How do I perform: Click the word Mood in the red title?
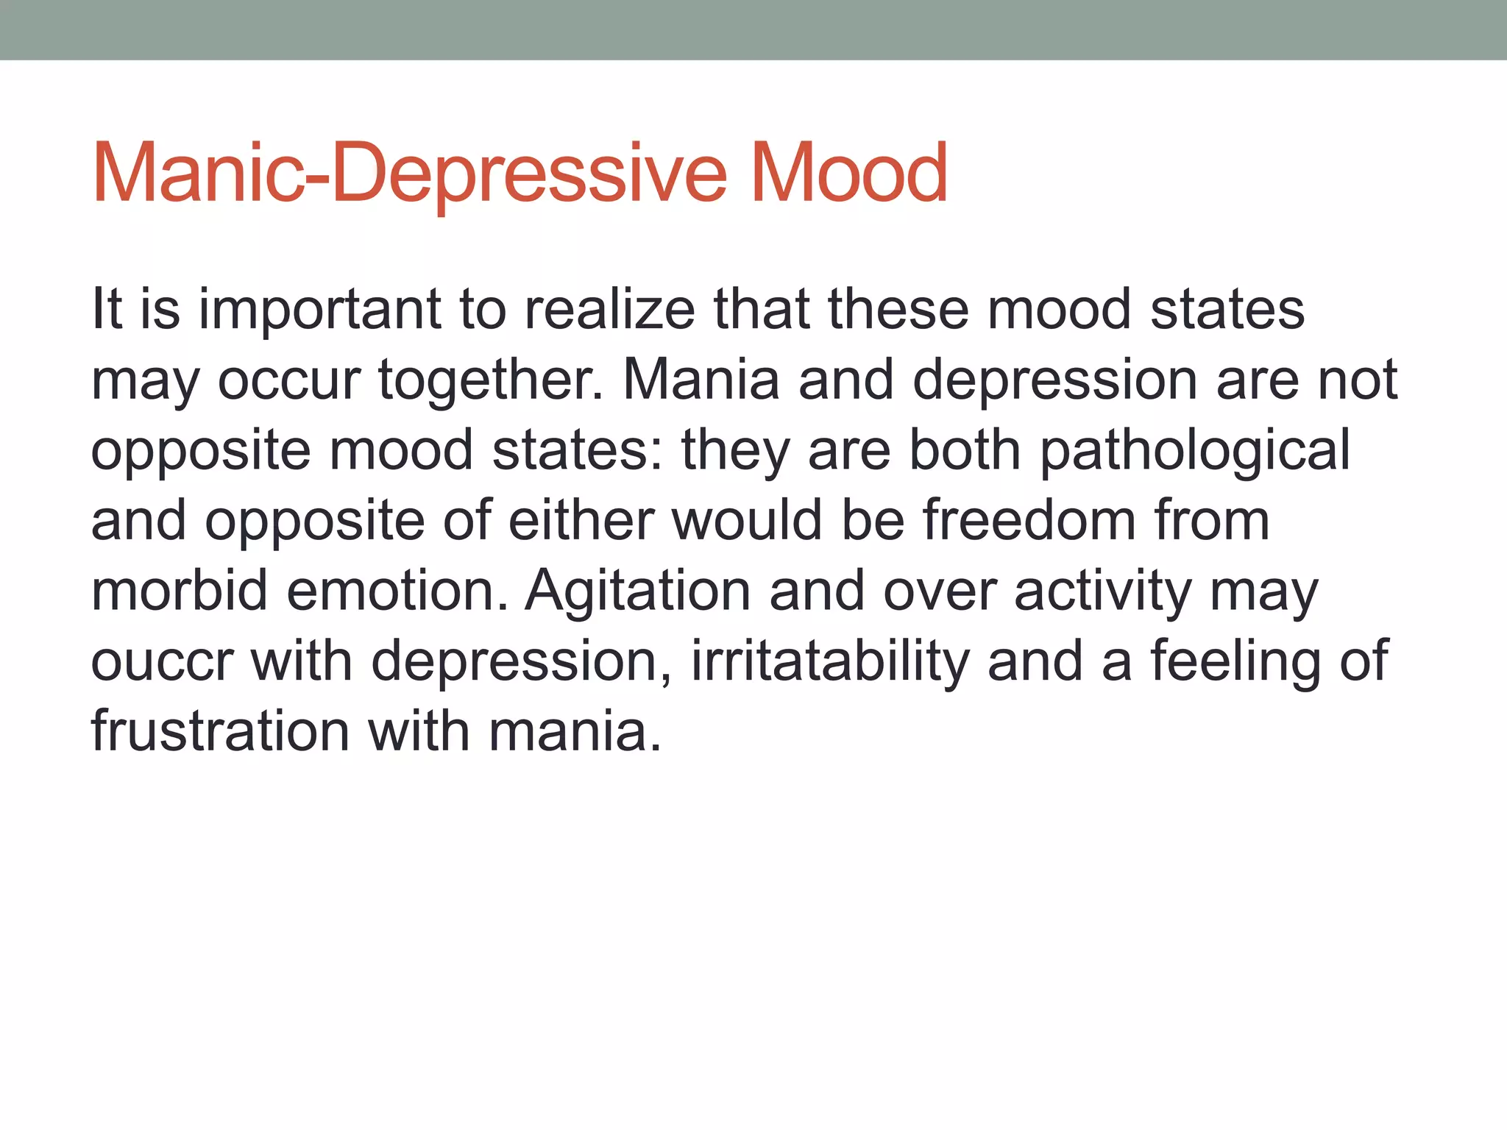click(x=848, y=174)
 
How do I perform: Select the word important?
click(x=320, y=309)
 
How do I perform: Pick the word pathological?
click(x=1195, y=450)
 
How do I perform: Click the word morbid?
click(x=179, y=591)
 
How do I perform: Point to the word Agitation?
click(x=637, y=591)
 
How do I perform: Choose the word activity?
click(x=1103, y=591)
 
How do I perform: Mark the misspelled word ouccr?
click(x=162, y=661)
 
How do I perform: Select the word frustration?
click(x=220, y=732)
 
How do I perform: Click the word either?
click(x=581, y=520)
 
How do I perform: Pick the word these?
click(x=898, y=309)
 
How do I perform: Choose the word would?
click(x=747, y=520)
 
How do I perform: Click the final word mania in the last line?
click(x=575, y=732)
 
